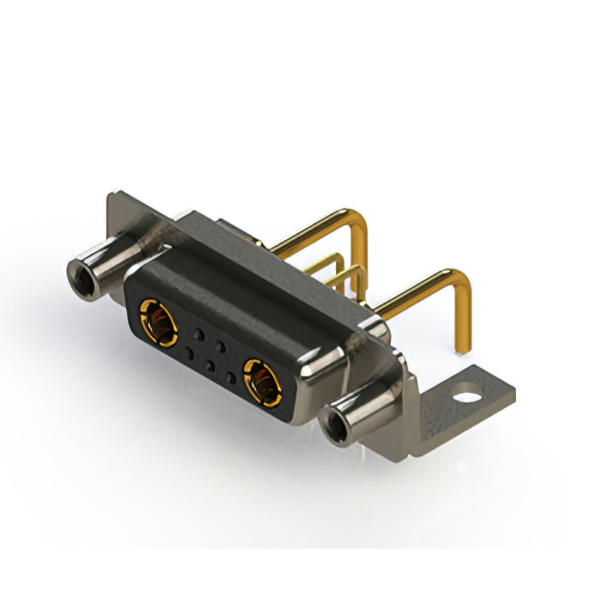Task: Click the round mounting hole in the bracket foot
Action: pos(466,393)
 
